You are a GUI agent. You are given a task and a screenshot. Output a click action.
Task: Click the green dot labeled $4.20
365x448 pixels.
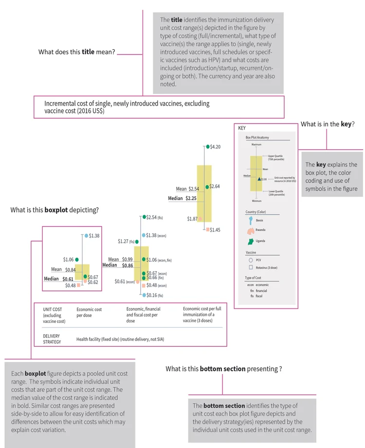(208, 146)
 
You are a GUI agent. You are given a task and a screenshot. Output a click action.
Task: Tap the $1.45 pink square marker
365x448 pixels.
(208, 229)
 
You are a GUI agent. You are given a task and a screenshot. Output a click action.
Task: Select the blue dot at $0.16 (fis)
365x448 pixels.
(145, 295)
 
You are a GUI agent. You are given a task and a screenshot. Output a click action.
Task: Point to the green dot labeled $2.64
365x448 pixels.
(208, 186)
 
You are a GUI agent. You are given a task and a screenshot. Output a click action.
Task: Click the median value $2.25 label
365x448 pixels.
(182, 198)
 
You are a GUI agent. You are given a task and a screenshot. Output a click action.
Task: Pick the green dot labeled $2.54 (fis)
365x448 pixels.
(144, 216)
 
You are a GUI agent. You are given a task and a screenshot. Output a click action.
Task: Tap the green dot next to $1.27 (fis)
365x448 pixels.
(137, 241)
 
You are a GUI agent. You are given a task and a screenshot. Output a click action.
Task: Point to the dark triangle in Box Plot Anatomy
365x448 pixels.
(259, 179)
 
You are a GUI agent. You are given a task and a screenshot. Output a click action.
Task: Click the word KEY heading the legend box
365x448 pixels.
(242, 128)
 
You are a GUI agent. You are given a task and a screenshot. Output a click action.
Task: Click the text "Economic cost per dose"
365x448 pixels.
(89, 312)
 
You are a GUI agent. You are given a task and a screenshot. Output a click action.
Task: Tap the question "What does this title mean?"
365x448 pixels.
(77, 53)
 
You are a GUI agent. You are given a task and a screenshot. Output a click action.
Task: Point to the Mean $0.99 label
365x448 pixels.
(121, 259)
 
